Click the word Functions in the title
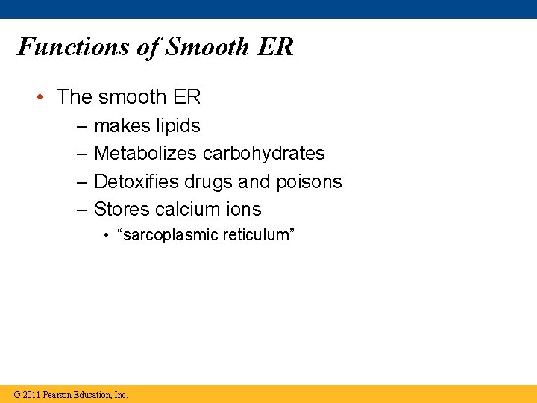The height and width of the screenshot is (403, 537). [73, 47]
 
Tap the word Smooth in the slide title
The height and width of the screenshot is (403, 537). [207, 47]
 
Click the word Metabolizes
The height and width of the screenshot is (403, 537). [145, 154]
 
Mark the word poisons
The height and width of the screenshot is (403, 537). [311, 182]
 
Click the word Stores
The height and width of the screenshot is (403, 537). [122, 210]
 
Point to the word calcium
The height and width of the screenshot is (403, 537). [186, 210]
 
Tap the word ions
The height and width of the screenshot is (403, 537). [243, 210]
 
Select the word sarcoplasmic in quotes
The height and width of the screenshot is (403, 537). [171, 236]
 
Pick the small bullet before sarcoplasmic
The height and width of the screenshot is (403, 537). [109, 235]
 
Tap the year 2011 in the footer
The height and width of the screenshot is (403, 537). [31, 394]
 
